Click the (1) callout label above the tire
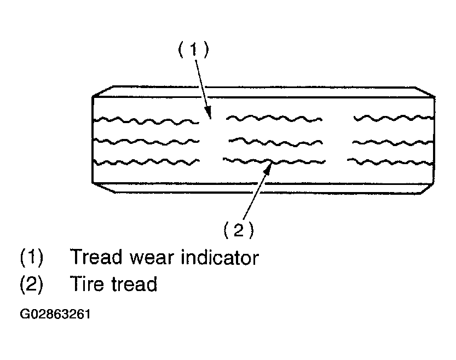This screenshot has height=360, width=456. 193,49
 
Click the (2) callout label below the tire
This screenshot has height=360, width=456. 239,230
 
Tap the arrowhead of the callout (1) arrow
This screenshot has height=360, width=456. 209,113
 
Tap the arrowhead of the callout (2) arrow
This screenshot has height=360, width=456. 267,168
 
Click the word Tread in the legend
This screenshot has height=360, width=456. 96,257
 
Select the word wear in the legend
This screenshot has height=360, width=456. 152,259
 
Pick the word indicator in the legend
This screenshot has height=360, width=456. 220,257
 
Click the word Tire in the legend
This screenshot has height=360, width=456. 86,283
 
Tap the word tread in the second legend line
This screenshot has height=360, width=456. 134,283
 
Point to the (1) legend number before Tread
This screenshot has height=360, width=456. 32,258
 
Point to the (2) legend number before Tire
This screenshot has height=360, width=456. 32,284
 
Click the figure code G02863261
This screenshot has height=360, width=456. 55,315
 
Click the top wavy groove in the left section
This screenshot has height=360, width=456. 146,120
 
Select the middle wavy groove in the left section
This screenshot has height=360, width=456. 146,142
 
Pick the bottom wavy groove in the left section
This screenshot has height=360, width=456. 146,162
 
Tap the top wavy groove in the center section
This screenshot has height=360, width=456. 274,118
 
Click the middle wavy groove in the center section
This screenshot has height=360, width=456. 275,142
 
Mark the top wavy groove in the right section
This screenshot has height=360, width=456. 394,118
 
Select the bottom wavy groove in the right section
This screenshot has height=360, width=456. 390,162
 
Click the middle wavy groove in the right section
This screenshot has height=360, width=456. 393,143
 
